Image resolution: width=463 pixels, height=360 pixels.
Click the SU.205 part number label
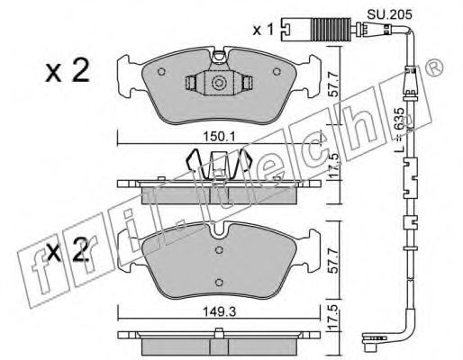point(390,13)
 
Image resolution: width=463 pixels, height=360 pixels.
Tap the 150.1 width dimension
point(220,137)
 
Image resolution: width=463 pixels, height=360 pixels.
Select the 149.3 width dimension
point(219,312)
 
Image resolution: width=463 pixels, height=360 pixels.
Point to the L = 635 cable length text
point(400,130)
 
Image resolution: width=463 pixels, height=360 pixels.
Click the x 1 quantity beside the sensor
point(263,30)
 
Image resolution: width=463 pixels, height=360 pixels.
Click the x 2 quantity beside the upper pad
point(68,70)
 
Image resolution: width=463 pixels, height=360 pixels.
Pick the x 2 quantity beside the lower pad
point(68,249)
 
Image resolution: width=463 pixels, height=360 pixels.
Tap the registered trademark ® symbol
point(434,67)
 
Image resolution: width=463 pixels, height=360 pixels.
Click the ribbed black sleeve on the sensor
point(331,30)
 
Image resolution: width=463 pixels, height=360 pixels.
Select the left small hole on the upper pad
point(161,72)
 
